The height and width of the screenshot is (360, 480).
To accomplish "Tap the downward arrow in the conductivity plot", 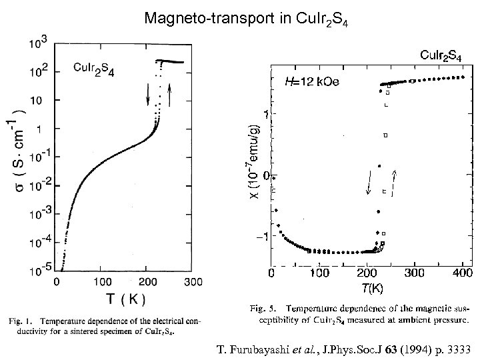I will (148, 97).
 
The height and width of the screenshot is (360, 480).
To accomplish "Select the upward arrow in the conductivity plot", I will (171, 97).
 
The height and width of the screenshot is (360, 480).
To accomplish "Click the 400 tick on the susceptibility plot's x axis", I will (463, 273).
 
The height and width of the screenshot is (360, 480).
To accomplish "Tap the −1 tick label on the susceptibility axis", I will (265, 237).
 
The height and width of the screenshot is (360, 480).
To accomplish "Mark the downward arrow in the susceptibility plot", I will (369, 182).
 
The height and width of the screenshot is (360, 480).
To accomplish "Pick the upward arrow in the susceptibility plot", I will (395, 182).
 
